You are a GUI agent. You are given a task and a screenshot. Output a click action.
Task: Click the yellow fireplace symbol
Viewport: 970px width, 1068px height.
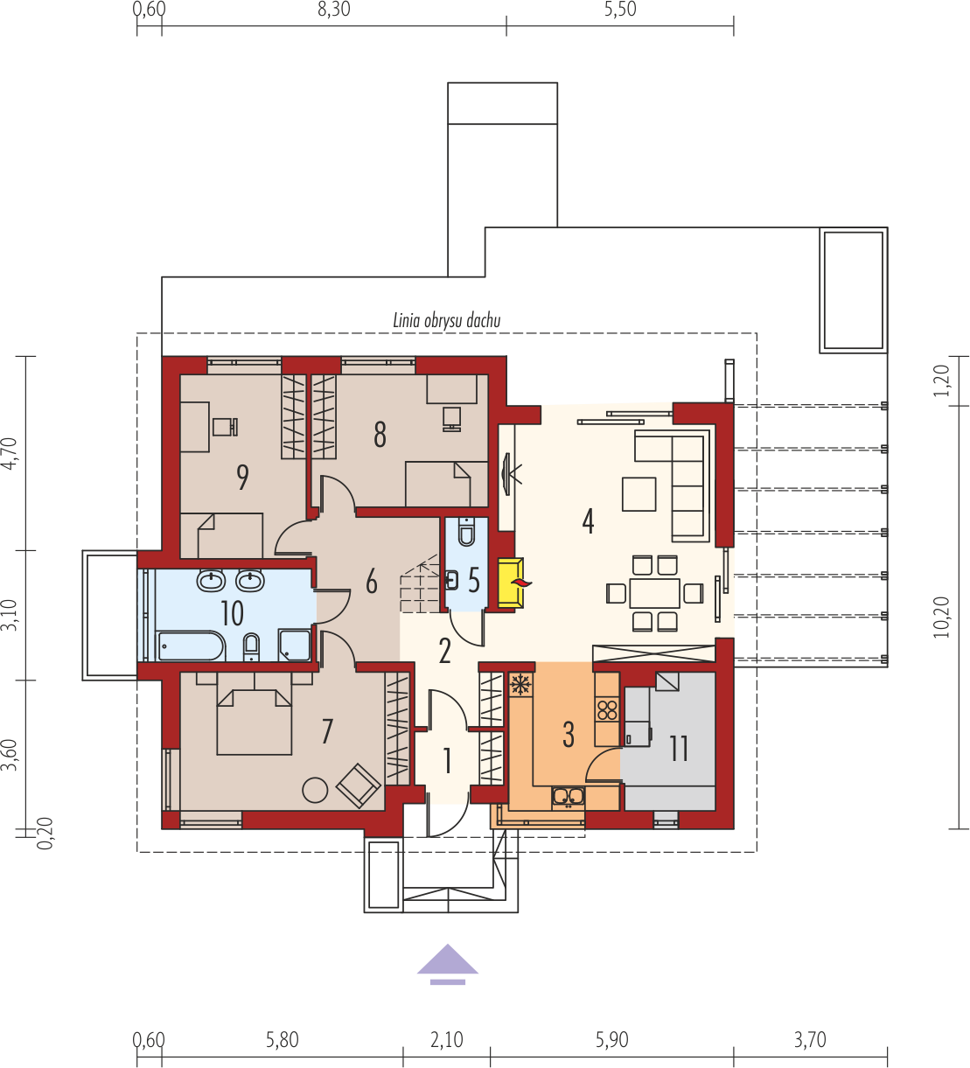click(x=511, y=583)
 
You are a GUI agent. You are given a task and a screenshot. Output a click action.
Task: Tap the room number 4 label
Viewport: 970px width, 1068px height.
click(x=588, y=521)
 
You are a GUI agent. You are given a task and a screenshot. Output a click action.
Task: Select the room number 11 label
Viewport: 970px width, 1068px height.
click(x=679, y=749)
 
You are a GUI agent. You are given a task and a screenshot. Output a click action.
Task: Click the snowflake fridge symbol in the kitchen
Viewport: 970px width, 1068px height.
click(x=520, y=684)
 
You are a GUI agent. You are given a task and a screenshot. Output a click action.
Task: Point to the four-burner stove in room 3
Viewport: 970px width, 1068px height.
click(x=607, y=710)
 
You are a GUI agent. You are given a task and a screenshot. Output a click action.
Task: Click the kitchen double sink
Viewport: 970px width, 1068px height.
click(x=569, y=797)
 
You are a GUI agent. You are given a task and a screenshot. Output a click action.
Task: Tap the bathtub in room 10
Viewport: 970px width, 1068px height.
click(x=191, y=646)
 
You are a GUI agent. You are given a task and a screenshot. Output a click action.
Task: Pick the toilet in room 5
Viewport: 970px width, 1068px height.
click(x=466, y=531)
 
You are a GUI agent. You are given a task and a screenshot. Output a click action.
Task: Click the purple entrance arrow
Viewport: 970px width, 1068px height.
click(x=447, y=964)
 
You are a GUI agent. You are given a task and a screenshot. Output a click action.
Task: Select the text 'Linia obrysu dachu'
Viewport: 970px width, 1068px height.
click(x=447, y=320)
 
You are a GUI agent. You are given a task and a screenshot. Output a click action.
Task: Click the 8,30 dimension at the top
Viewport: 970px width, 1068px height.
click(x=334, y=10)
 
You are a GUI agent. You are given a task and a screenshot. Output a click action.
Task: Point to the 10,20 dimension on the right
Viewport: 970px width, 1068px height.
click(x=941, y=618)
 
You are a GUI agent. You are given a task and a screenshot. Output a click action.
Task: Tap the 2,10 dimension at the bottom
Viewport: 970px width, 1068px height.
click(x=447, y=1039)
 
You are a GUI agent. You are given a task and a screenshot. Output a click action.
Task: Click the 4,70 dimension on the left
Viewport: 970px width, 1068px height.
click(x=10, y=453)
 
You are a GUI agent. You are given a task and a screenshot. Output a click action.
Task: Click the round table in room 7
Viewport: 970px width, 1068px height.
click(x=315, y=790)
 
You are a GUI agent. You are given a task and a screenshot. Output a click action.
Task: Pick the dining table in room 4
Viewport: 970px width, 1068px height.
click(x=654, y=592)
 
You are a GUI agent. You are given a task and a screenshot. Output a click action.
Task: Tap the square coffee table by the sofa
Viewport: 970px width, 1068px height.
click(x=639, y=494)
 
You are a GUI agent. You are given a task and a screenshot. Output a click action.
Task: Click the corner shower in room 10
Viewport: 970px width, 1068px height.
click(x=295, y=646)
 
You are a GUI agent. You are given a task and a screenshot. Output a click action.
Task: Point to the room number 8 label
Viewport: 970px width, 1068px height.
click(x=380, y=435)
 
